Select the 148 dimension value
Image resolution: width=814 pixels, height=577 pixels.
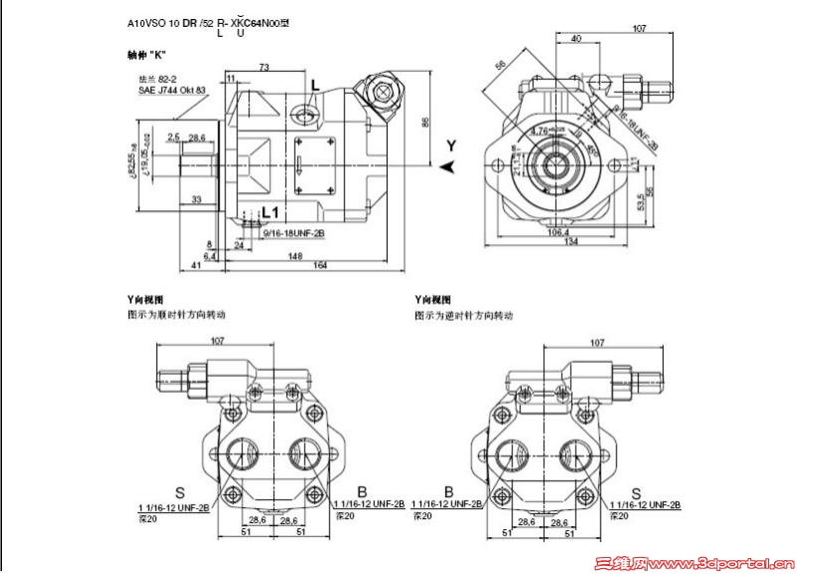point(297,254)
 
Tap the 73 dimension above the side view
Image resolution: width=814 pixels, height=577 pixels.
point(263,68)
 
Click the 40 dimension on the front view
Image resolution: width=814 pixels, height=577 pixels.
point(578,38)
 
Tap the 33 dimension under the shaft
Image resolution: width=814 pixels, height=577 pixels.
point(196,199)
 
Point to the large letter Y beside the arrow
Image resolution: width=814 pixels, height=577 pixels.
point(450,145)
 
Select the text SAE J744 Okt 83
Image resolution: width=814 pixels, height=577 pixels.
point(171,91)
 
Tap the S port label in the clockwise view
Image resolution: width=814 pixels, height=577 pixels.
point(179,492)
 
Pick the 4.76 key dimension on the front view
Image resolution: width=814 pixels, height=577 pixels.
point(539,130)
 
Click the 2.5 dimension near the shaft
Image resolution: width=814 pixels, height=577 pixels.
point(173,137)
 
